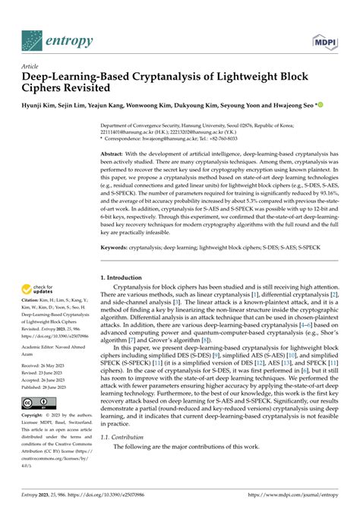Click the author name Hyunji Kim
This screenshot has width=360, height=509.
click(x=39, y=106)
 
